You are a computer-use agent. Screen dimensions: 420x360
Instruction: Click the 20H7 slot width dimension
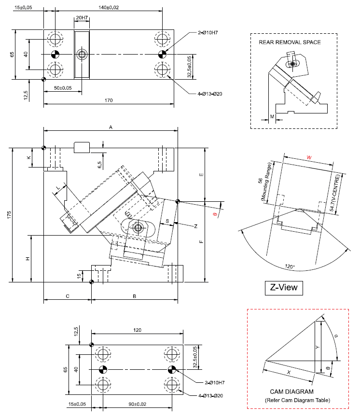click(x=82, y=18)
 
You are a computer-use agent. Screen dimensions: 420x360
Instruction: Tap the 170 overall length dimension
click(x=109, y=100)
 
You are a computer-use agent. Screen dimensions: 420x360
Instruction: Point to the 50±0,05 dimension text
click(x=62, y=88)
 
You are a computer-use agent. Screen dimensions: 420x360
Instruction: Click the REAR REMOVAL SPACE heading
click(x=290, y=42)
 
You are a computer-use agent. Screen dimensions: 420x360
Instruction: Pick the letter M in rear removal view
click(x=272, y=116)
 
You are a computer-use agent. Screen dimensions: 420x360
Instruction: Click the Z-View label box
click(x=284, y=288)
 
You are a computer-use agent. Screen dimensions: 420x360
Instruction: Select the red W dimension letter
click(x=309, y=157)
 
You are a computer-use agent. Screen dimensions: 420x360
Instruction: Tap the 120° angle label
click(x=289, y=266)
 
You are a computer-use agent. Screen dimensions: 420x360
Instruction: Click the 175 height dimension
click(x=10, y=215)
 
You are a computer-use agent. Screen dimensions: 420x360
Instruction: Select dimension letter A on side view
click(x=111, y=127)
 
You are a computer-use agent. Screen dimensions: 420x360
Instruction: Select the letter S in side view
click(x=167, y=221)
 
